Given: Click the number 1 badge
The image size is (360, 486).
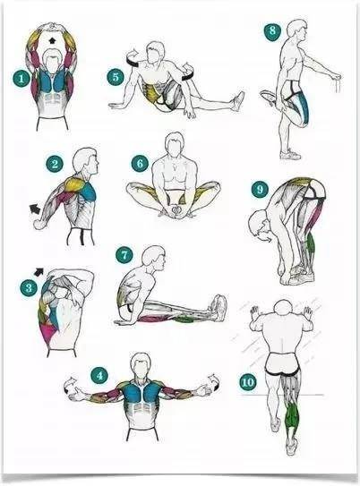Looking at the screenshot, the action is pyautogui.click(x=21, y=79).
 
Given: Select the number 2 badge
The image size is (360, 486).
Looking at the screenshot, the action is pyautogui.click(x=55, y=164).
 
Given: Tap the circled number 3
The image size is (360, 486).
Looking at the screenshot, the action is pyautogui.click(x=29, y=288).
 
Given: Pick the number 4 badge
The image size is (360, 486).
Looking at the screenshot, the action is pyautogui.click(x=99, y=376).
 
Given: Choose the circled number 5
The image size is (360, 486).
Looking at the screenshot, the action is pyautogui.click(x=116, y=77).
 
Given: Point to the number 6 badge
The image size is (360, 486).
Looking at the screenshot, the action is pyautogui.click(x=140, y=163).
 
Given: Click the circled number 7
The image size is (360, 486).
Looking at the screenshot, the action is pyautogui.click(x=124, y=255).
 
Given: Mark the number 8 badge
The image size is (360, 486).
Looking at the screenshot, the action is pyautogui.click(x=272, y=31).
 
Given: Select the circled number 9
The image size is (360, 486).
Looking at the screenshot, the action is pyautogui.click(x=260, y=189).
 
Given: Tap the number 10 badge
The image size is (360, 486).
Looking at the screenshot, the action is pyautogui.click(x=247, y=382).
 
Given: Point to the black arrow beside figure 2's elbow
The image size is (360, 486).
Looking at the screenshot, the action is pyautogui.click(x=35, y=209).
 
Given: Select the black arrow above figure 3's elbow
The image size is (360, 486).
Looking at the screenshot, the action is pyautogui.click(x=39, y=272).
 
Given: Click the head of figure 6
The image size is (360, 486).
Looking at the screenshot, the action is pyautogui.click(x=175, y=143).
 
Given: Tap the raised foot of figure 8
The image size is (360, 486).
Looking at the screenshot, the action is pyautogui.click(x=269, y=97).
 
